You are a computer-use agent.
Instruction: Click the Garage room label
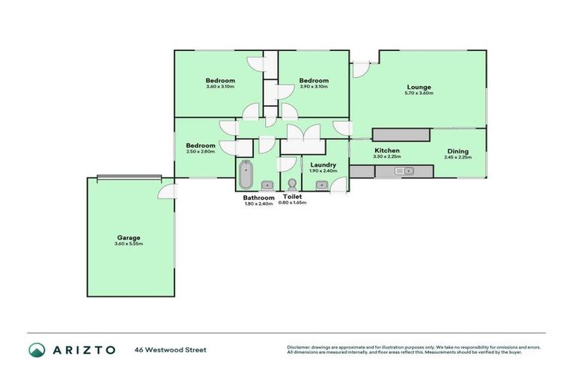(128, 237)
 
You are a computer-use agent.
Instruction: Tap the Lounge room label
(419, 87)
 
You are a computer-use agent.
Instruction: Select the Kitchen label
(387, 151)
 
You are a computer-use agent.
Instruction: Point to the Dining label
(457, 151)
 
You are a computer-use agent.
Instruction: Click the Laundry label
(323, 164)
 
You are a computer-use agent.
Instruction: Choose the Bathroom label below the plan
(258, 197)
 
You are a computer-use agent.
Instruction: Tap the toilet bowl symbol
(291, 183)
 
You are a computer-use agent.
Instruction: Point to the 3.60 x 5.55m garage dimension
(128, 244)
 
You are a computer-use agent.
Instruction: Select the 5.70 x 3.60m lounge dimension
(419, 94)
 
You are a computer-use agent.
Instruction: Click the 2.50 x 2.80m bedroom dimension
(201, 152)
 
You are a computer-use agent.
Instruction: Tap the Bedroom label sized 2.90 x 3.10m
(314, 81)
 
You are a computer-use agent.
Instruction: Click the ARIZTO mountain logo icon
(37, 349)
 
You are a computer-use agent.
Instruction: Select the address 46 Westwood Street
(171, 349)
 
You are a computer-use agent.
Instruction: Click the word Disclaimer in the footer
(299, 347)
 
